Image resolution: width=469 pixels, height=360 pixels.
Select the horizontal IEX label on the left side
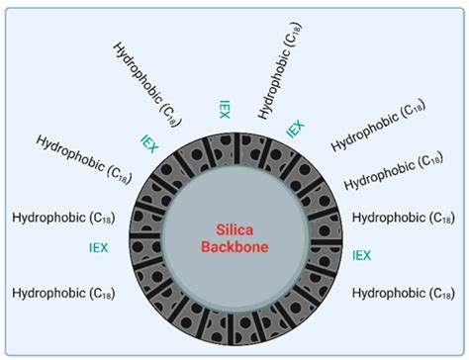[x=99, y=247]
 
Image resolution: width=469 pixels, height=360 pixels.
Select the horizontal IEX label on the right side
[x=362, y=255]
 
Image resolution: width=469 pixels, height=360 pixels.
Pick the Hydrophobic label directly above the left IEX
[x=67, y=215]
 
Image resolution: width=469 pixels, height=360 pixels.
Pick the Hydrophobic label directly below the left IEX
[x=67, y=292]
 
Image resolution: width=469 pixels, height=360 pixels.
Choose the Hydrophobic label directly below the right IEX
[x=403, y=293]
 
